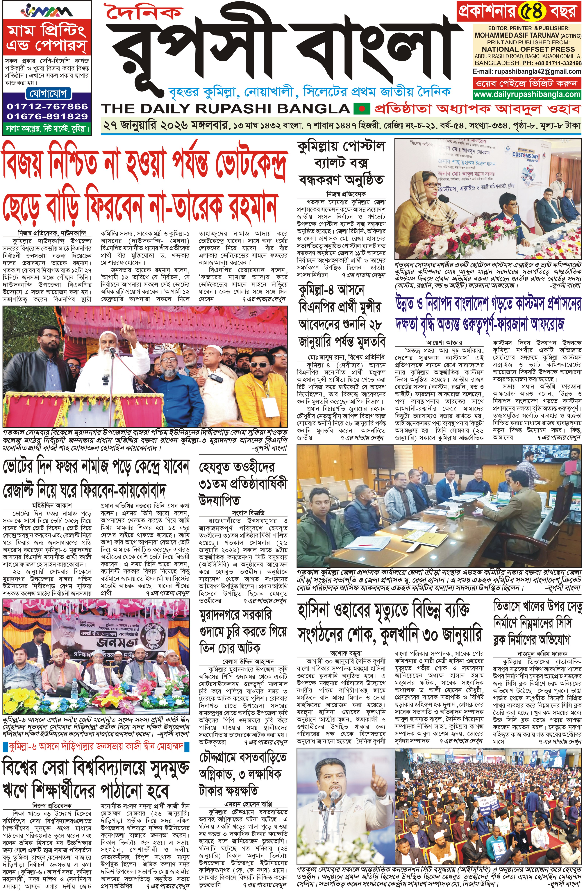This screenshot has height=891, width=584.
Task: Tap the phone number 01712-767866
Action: point(47,106)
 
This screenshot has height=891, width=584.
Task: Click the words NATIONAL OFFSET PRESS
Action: point(523,49)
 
